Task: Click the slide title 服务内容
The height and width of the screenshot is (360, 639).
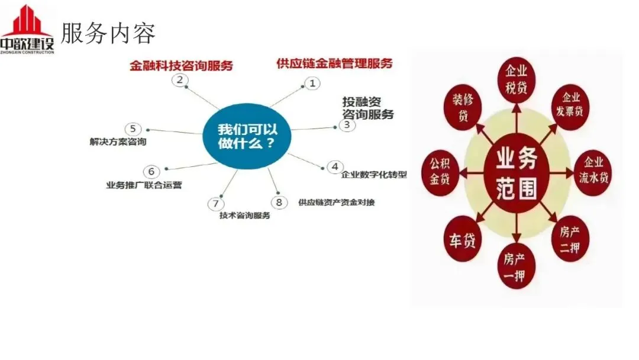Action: coord(108,34)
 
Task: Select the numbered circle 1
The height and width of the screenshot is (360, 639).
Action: coord(312,83)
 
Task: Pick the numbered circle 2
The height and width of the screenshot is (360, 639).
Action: coord(180,80)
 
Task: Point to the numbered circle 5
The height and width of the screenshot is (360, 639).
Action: coord(133,128)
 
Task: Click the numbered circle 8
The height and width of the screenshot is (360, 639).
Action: coord(279,202)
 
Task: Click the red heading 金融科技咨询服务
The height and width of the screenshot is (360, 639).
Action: coord(181,65)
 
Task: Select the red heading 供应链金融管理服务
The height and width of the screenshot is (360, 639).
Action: coord(334,63)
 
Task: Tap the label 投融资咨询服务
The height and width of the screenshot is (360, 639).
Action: coord(367,108)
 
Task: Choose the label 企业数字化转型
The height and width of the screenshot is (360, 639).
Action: coord(375,174)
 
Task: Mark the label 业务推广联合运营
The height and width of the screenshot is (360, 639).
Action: coord(144,185)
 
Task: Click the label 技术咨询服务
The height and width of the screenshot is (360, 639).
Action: coord(244,216)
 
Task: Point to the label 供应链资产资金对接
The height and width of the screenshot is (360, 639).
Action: coord(336,202)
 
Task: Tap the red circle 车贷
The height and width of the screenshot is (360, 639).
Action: coord(462,241)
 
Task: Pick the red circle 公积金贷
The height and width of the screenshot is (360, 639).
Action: coord(441,171)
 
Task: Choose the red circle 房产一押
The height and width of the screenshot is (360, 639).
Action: coord(515,266)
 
